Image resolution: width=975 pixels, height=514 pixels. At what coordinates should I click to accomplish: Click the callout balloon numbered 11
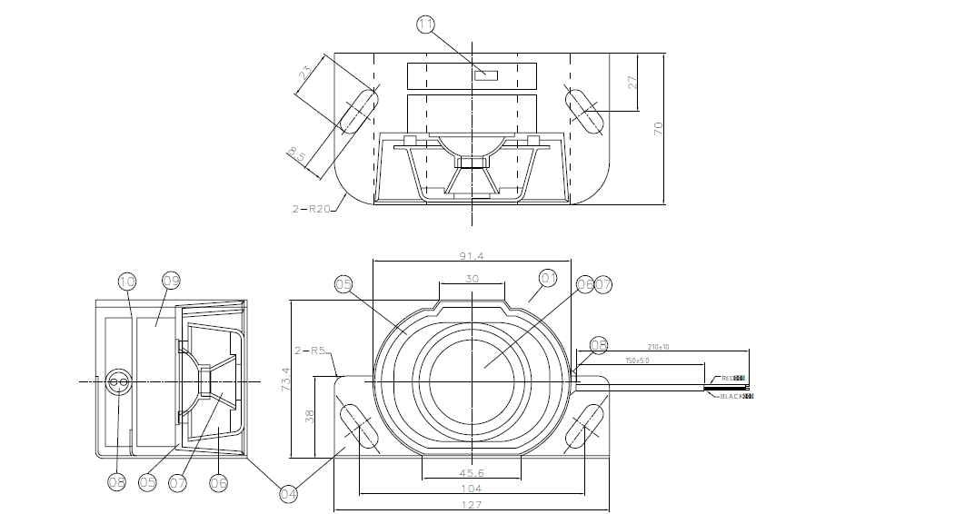pyautogui.click(x=427, y=25)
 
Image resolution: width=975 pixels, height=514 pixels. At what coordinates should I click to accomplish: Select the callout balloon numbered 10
pyautogui.click(x=126, y=282)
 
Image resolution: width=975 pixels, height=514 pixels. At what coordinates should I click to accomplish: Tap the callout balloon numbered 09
pyautogui.click(x=171, y=282)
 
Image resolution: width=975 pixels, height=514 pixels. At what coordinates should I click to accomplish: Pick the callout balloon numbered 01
pyautogui.click(x=547, y=277)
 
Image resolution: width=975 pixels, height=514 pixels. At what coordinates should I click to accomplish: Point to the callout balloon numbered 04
pyautogui.click(x=288, y=494)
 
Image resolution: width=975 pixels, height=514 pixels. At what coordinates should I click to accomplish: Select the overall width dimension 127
pyautogui.click(x=471, y=505)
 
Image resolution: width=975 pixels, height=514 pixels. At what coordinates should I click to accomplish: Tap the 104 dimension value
pyautogui.click(x=471, y=489)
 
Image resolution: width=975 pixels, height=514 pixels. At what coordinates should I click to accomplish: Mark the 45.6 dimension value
pyautogui.click(x=471, y=474)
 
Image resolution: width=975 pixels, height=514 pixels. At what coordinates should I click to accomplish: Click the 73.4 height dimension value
pyautogui.click(x=285, y=380)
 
